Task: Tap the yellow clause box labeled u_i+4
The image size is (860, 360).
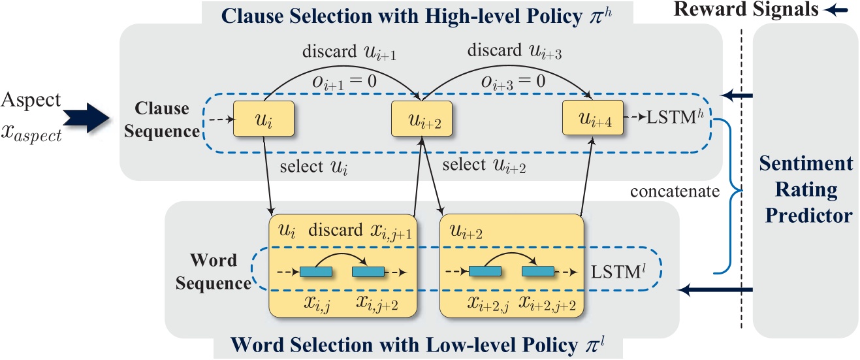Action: pyautogui.click(x=591, y=120)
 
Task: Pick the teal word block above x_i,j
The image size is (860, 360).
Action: pyautogui.click(x=316, y=271)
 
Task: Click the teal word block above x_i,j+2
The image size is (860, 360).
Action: pyautogui.click(x=368, y=271)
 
